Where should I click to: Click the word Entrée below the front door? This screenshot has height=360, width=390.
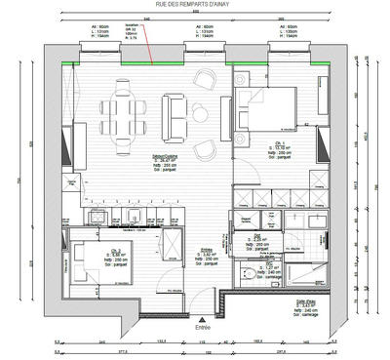click(x=202, y=329)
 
